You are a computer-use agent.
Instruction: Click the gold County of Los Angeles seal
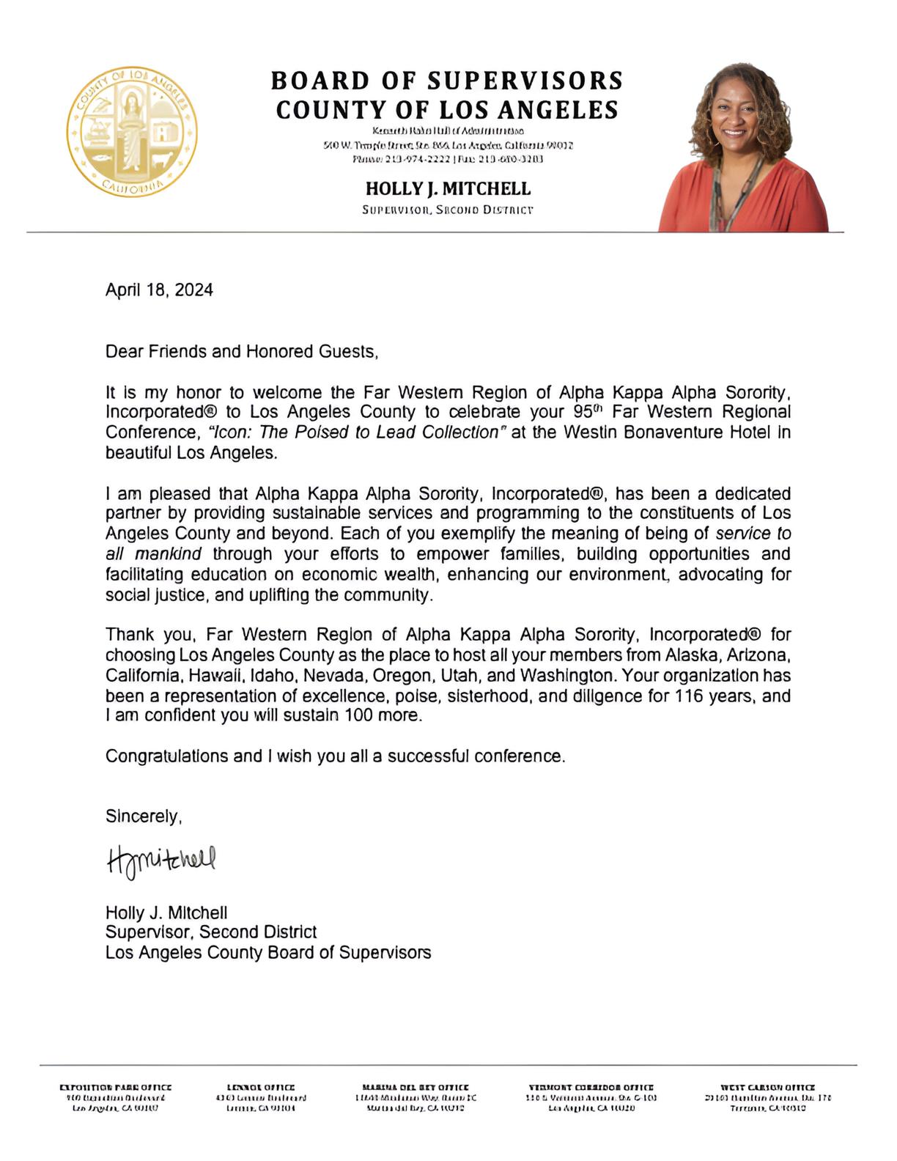tap(132, 132)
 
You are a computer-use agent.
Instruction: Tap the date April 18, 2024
tap(159, 290)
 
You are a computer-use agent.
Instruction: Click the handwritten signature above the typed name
tap(162, 860)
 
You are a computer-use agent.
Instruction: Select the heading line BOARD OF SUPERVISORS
tap(447, 80)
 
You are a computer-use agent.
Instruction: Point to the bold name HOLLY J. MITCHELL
tap(448, 189)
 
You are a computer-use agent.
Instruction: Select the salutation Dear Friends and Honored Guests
tap(242, 352)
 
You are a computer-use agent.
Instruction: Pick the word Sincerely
tap(143, 817)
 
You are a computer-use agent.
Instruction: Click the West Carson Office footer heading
tap(767, 1088)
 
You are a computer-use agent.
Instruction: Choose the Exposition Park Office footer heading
tap(116, 1088)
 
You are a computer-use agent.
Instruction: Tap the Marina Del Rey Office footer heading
tap(416, 1088)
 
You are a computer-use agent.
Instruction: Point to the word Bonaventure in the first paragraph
tap(679, 432)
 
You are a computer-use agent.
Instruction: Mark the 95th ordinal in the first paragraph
tap(588, 412)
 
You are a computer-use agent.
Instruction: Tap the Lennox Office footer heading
tap(261, 1088)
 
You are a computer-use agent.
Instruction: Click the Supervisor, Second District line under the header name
tap(448, 210)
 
